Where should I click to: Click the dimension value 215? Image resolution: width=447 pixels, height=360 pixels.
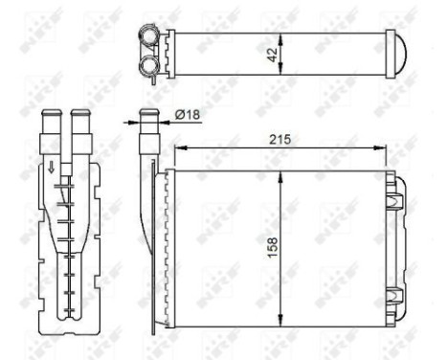(x=280, y=140)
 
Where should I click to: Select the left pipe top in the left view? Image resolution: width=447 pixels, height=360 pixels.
(x=51, y=116)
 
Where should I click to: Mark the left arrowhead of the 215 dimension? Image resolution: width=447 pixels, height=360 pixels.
(x=175, y=149)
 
